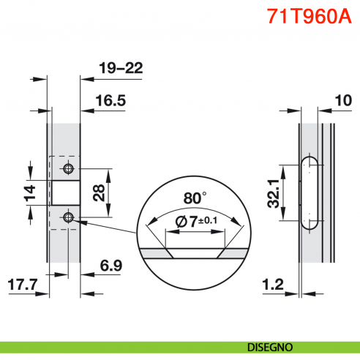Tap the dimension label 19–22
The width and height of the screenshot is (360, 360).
[x=120, y=68]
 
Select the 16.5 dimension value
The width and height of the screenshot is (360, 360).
[x=110, y=102]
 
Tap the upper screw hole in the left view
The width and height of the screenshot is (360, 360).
[x=68, y=169]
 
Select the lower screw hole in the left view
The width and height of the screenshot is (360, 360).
[x=68, y=217]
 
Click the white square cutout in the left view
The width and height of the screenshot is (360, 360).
[x=64, y=193]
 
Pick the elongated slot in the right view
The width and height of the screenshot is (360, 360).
[x=310, y=193]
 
